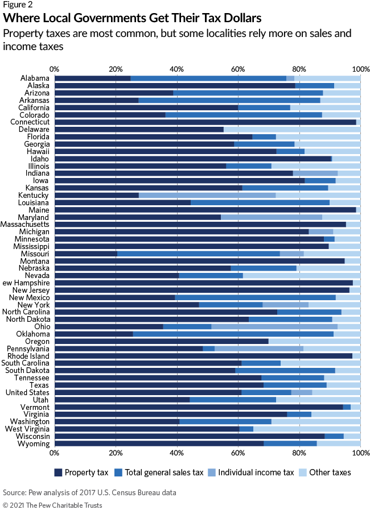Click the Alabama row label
tap(35, 78)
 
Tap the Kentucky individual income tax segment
tap(207, 195)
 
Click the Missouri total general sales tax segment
tap(198, 254)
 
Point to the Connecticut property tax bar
tap(205, 122)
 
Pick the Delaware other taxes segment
tap(292, 129)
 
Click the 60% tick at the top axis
tap(238, 68)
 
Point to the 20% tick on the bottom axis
tap(116, 453)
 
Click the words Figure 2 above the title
tap(17, 5)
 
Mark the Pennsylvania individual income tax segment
tap(259, 349)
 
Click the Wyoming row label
tap(35, 443)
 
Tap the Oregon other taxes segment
tap(314, 341)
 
